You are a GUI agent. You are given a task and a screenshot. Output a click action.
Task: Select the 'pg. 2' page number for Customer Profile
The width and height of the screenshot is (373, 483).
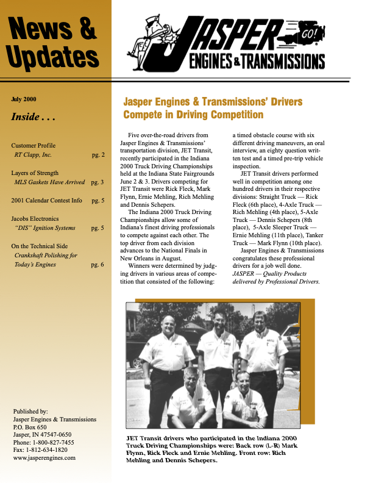coord(98,155)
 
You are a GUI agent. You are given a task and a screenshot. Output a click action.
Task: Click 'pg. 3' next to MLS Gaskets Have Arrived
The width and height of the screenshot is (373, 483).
coord(98,182)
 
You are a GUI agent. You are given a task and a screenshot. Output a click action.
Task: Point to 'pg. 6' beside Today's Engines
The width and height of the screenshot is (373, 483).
coord(98,265)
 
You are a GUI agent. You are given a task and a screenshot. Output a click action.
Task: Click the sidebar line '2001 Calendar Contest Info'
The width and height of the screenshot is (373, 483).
coord(46,200)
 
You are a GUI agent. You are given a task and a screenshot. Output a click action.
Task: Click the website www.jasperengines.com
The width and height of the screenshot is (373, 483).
coord(44,458)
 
